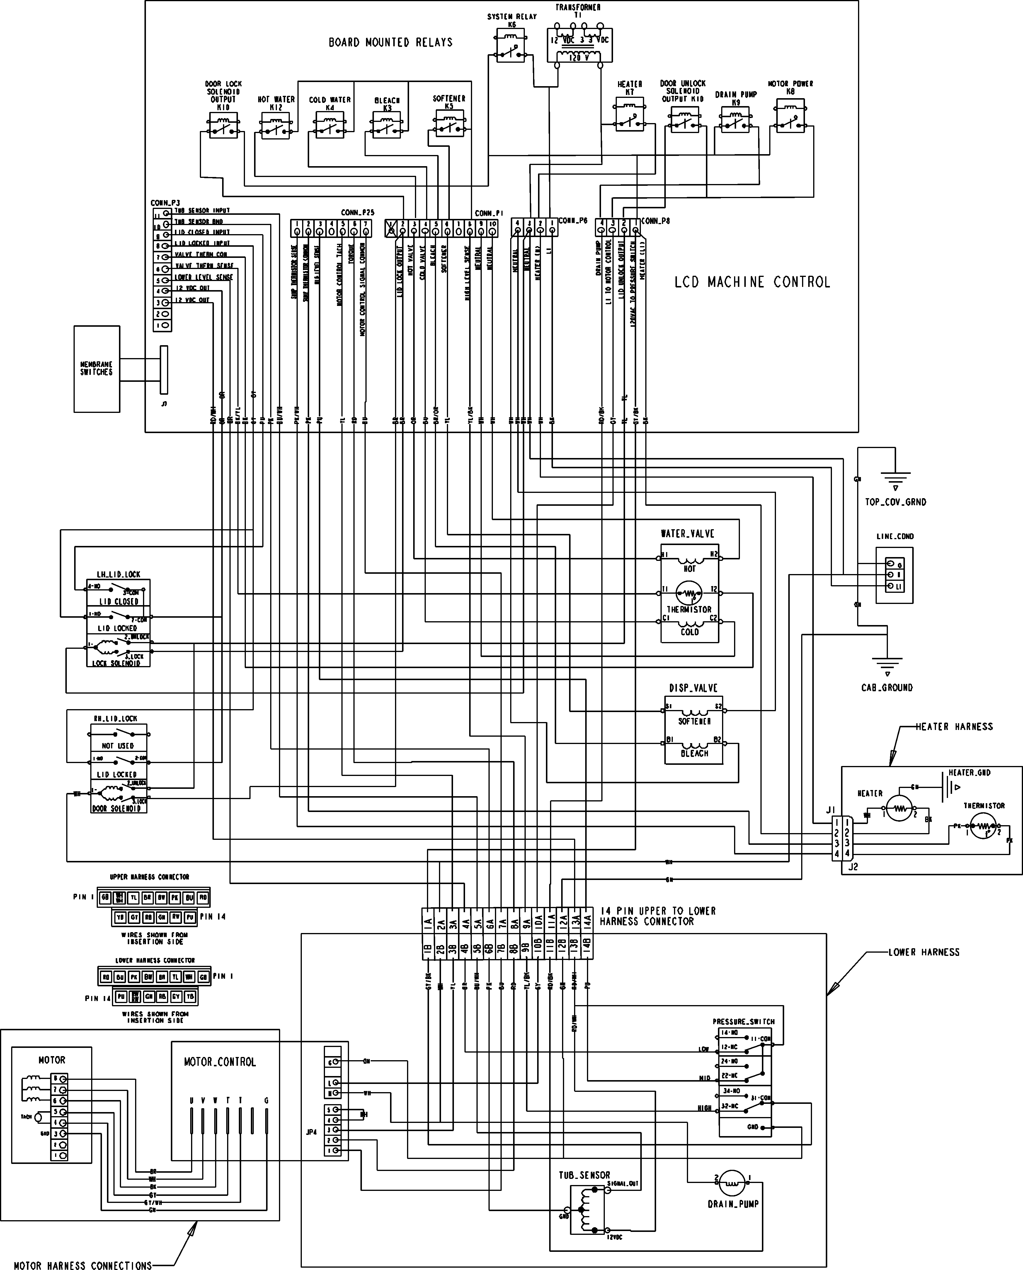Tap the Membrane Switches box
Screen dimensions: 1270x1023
[97, 368]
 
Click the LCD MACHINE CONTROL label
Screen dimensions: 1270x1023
[752, 282]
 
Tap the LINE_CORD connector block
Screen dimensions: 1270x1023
[894, 575]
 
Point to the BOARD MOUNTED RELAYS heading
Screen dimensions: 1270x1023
[391, 42]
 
